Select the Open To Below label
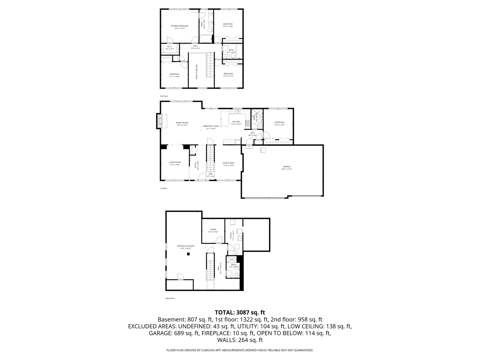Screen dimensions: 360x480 coord(197,71)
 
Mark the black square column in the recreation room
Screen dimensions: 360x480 coord(188,254)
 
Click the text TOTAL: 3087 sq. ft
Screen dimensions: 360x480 coord(240,312)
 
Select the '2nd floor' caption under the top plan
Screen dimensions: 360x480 coord(164,96)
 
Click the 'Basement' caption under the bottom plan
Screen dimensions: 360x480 coord(170,298)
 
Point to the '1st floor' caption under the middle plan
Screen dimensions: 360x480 coord(163,188)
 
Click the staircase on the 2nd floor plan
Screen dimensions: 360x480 coord(209,65)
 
